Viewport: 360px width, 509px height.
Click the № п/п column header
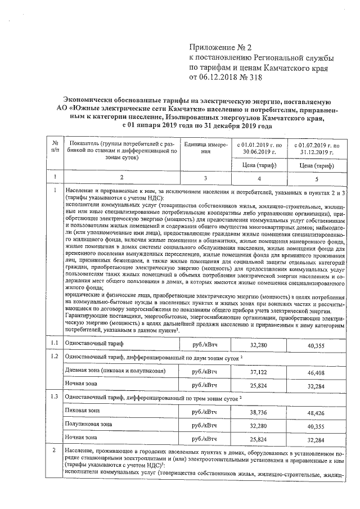coord(55,148)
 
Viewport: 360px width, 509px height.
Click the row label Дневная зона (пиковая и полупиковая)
coord(115,371)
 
